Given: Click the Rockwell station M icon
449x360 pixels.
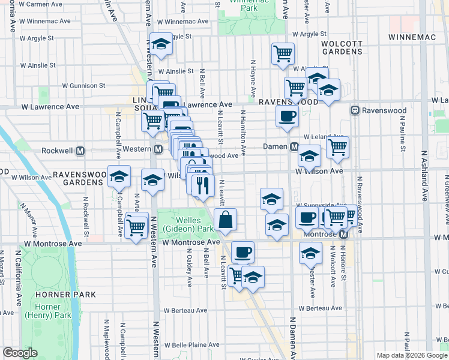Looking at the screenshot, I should coord(80,151).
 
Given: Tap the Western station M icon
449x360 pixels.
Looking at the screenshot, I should coord(158,149).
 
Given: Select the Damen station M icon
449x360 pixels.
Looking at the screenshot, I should coord(295,147).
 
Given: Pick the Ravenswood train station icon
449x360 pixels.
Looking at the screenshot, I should coord(355,110).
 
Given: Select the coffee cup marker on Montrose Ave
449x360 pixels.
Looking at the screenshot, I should coord(243,252).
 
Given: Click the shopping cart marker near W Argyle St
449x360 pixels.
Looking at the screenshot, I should coord(283,54).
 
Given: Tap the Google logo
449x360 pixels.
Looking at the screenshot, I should coord(20,353).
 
